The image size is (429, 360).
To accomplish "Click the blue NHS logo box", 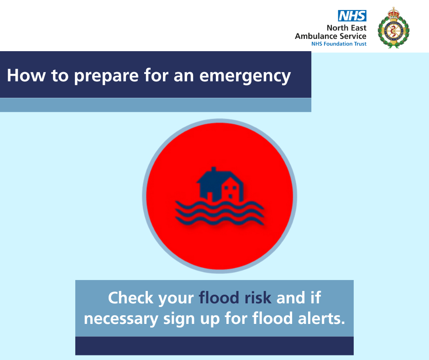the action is point(352,16).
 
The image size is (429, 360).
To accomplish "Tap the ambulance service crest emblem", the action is point(393,28).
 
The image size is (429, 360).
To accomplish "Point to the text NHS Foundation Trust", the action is point(339,44).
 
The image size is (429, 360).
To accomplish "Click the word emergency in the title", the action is point(245,76).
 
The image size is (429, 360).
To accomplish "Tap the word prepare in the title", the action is point(106,76).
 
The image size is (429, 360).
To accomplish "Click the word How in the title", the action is point(26,75).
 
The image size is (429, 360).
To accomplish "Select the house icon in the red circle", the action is point(220,185).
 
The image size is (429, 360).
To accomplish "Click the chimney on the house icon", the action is point(214,169).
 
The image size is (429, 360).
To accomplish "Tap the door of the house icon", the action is point(210,197).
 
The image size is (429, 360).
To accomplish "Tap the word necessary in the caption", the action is point(121,319).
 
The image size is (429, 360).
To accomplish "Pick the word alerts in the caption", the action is point(321,318).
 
